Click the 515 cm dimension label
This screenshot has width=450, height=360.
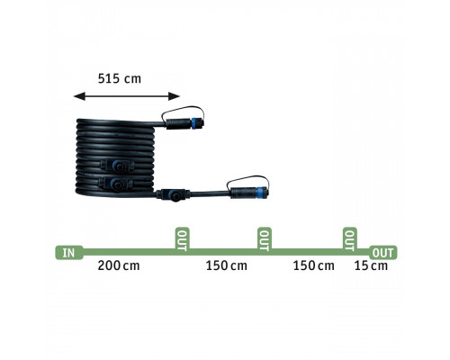[x=120, y=78]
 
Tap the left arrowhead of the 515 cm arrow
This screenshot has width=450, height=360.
[x=79, y=96]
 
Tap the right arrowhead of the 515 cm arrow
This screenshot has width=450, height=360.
[x=175, y=96]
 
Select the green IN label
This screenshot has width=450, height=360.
[x=69, y=253]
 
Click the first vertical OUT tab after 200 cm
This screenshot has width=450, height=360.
[x=182, y=239]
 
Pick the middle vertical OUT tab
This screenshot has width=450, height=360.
[x=265, y=239]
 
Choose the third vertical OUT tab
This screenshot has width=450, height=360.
[x=350, y=239]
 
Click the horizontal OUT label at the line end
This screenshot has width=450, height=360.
[x=383, y=253]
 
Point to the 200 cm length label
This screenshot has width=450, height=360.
[x=119, y=265]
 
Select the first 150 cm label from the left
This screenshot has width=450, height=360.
[x=227, y=265]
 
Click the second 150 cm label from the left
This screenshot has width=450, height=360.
[x=313, y=265]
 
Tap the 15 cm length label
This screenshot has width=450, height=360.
[x=371, y=265]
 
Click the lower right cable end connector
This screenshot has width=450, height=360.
[x=249, y=193]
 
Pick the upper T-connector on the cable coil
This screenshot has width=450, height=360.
[x=116, y=166]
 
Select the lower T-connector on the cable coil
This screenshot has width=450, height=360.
[x=116, y=184]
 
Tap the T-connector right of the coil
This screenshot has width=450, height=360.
[x=173, y=194]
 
